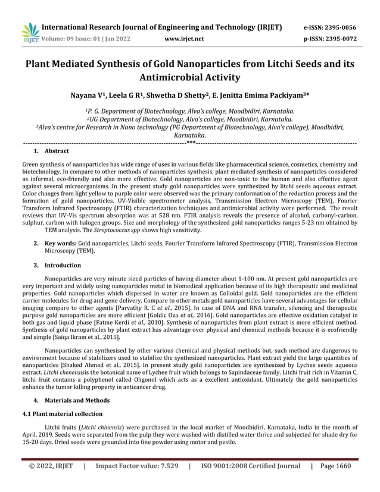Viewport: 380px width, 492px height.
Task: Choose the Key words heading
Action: (x=60, y=243)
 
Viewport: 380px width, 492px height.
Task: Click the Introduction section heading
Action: (x=63, y=265)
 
